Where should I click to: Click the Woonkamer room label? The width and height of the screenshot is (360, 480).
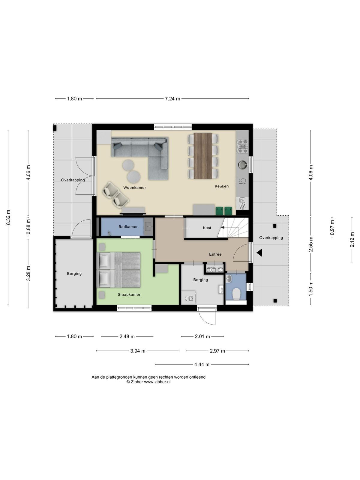134,187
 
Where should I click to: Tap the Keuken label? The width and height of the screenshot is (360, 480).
222,186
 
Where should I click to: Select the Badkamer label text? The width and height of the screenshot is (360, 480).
128,226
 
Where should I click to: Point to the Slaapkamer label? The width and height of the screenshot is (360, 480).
129,294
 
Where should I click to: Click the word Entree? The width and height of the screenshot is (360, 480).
215,254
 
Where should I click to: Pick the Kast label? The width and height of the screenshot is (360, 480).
207,228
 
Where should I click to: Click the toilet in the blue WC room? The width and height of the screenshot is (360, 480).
236,294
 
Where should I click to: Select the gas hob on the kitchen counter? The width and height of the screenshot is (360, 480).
242,146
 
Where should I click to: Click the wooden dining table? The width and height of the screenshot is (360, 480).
203,156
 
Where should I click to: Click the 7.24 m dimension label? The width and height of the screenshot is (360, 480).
172,99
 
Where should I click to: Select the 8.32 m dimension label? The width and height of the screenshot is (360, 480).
8,217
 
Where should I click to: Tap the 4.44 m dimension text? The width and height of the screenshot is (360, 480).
202,364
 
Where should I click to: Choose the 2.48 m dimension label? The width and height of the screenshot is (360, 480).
127,336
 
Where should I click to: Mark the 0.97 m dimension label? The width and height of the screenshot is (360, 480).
332,228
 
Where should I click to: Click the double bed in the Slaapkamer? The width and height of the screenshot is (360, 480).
118,270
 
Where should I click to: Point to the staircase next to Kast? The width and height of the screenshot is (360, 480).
233,227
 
